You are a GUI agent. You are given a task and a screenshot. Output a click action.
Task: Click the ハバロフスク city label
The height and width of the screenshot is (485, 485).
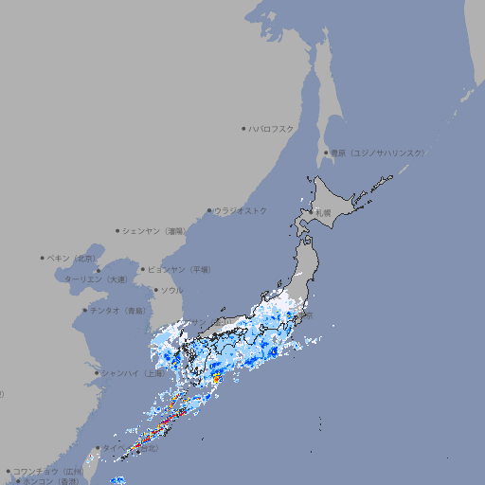(x=272, y=128)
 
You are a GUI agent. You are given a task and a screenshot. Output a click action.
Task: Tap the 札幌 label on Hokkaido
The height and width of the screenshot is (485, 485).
(x=324, y=213)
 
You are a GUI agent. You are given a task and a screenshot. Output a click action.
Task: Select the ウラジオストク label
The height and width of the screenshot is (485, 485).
(x=241, y=210)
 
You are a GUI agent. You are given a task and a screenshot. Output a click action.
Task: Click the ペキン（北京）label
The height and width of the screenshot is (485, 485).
(x=74, y=258)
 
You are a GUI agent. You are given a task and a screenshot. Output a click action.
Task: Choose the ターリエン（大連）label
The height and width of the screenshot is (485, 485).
(x=96, y=279)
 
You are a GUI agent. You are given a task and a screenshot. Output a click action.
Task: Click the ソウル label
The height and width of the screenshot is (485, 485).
(x=171, y=290)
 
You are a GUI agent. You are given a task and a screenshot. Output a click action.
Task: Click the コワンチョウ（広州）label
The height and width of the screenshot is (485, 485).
(x=48, y=471)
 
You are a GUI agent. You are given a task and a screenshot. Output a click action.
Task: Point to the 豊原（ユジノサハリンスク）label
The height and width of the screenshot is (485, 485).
(x=377, y=153)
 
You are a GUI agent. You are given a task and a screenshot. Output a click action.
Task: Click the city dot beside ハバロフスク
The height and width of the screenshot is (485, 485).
(x=243, y=128)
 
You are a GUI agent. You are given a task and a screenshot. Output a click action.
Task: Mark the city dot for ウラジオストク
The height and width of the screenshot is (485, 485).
(x=209, y=210)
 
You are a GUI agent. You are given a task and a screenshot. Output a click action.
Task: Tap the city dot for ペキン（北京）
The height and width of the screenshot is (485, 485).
(x=43, y=258)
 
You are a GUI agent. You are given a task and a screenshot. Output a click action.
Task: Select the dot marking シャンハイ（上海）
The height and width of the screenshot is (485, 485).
(x=98, y=372)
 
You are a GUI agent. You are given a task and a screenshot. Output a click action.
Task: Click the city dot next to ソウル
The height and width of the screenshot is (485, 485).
(x=154, y=290)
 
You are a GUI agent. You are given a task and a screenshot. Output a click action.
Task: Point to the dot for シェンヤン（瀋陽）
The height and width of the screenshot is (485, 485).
(x=117, y=230)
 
